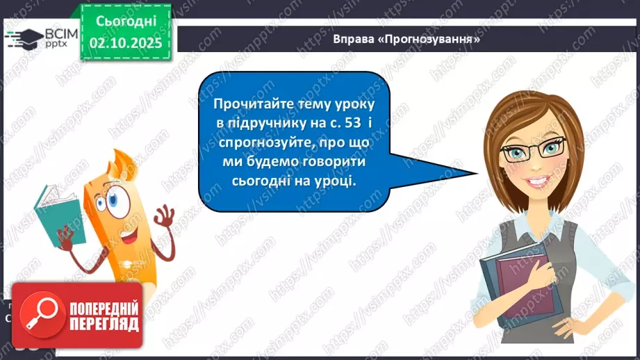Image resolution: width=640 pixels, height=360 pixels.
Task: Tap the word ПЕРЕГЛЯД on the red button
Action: coord(104,325)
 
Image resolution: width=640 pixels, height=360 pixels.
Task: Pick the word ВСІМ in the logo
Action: coord(58,32)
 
